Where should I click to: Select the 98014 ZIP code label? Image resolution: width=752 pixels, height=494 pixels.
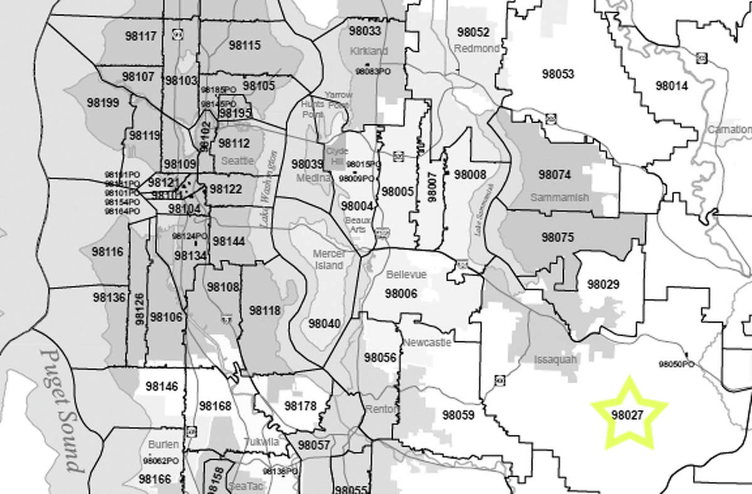(671, 86)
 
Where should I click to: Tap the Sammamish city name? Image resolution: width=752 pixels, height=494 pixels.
(560, 197)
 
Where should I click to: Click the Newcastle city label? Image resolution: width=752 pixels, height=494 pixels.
(424, 342)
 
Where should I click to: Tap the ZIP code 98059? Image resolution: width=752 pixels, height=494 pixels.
(458, 414)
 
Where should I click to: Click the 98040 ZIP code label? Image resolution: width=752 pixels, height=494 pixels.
(324, 323)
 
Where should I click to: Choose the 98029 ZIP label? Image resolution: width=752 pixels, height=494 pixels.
(603, 284)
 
